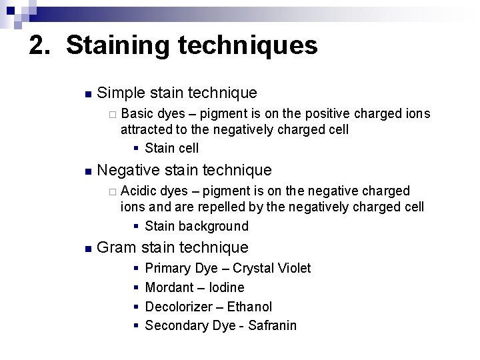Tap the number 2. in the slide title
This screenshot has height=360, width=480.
(x=42, y=46)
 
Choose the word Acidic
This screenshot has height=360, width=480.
(x=140, y=191)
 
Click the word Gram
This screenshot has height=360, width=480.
(x=116, y=248)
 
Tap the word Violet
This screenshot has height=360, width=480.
(x=295, y=268)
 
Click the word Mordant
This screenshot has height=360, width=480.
(x=169, y=287)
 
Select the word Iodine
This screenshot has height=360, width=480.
(x=227, y=287)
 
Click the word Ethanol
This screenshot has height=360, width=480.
(x=249, y=307)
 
